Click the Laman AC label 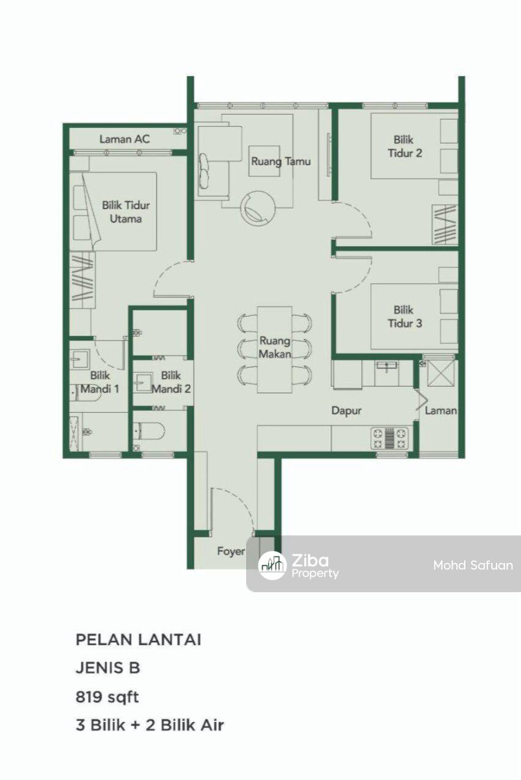[x=125, y=139]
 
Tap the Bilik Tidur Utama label [x=126, y=212]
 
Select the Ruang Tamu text [x=281, y=162]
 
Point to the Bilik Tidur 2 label [x=404, y=146]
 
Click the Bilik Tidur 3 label [x=404, y=317]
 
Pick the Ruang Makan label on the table [x=275, y=347]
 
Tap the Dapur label [x=346, y=410]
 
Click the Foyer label [x=231, y=551]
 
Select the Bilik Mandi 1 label [x=100, y=382]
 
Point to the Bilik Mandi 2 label [x=171, y=382]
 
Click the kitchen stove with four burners [x=390, y=438]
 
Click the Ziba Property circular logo [x=272, y=565]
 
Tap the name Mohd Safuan [x=473, y=565]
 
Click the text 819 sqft [x=107, y=697]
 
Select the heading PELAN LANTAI [x=139, y=640]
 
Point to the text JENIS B [x=107, y=668]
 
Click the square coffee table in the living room [x=264, y=161]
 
